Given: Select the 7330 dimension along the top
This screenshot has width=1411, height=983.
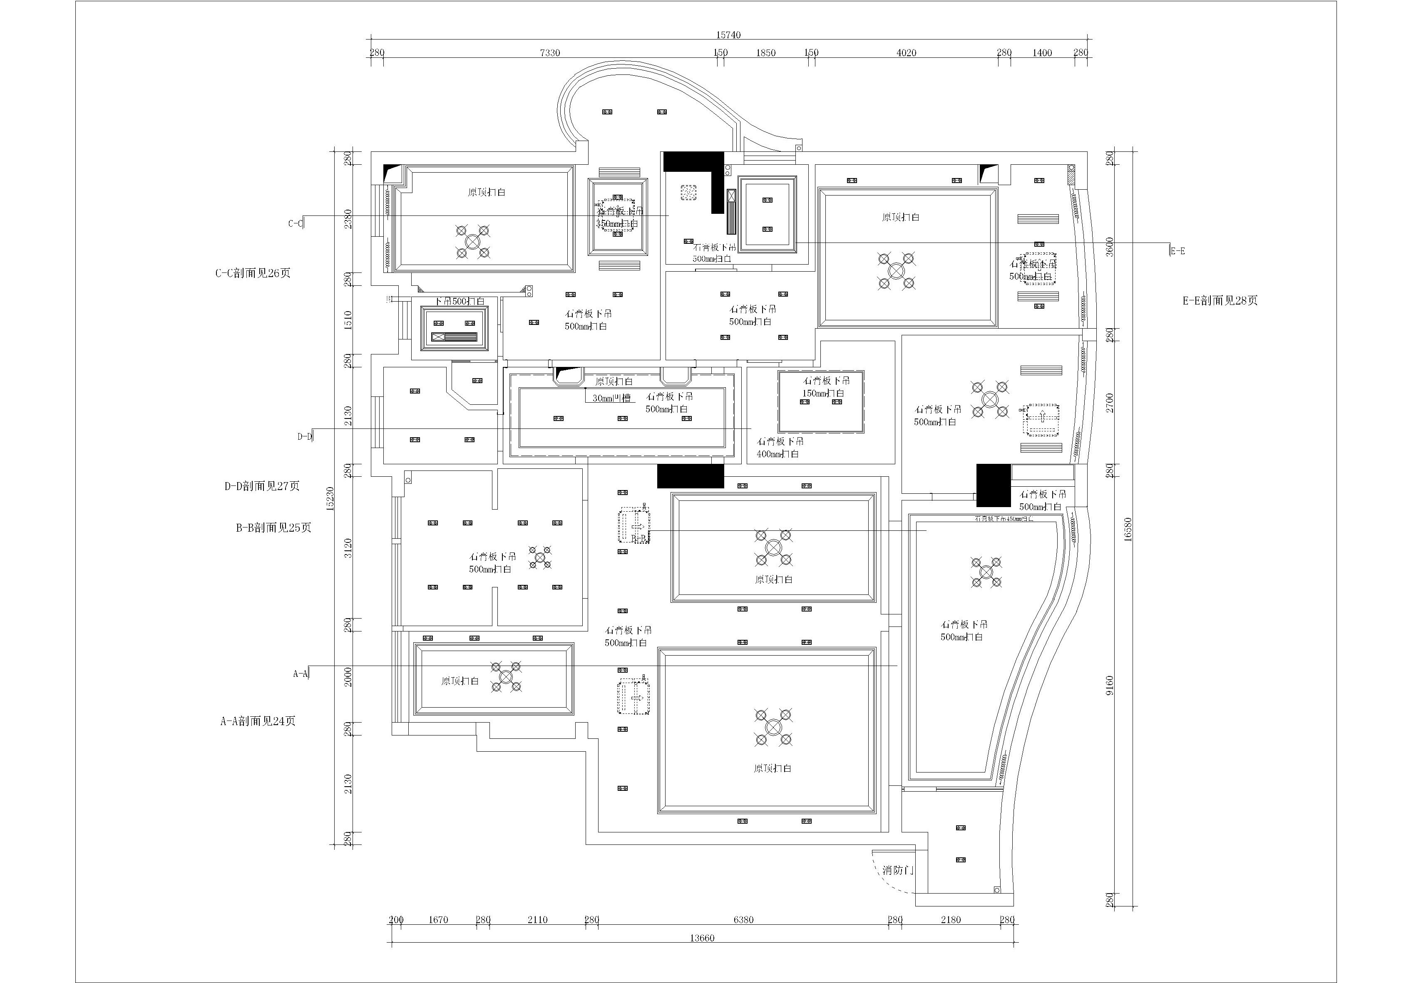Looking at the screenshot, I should point(550,53).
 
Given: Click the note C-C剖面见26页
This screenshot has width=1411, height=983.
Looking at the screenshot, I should point(253,273).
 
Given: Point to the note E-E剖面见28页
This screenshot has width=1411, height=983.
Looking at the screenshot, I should point(1220,300).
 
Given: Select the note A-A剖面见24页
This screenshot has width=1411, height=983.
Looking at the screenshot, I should point(258,721).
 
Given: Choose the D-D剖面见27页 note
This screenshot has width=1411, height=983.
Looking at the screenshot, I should point(262,486).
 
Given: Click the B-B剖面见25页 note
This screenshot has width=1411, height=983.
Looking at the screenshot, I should point(273,527).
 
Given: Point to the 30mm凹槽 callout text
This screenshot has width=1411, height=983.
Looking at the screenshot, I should point(611,398).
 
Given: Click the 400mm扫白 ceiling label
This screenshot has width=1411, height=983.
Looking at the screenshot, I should point(778,454).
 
